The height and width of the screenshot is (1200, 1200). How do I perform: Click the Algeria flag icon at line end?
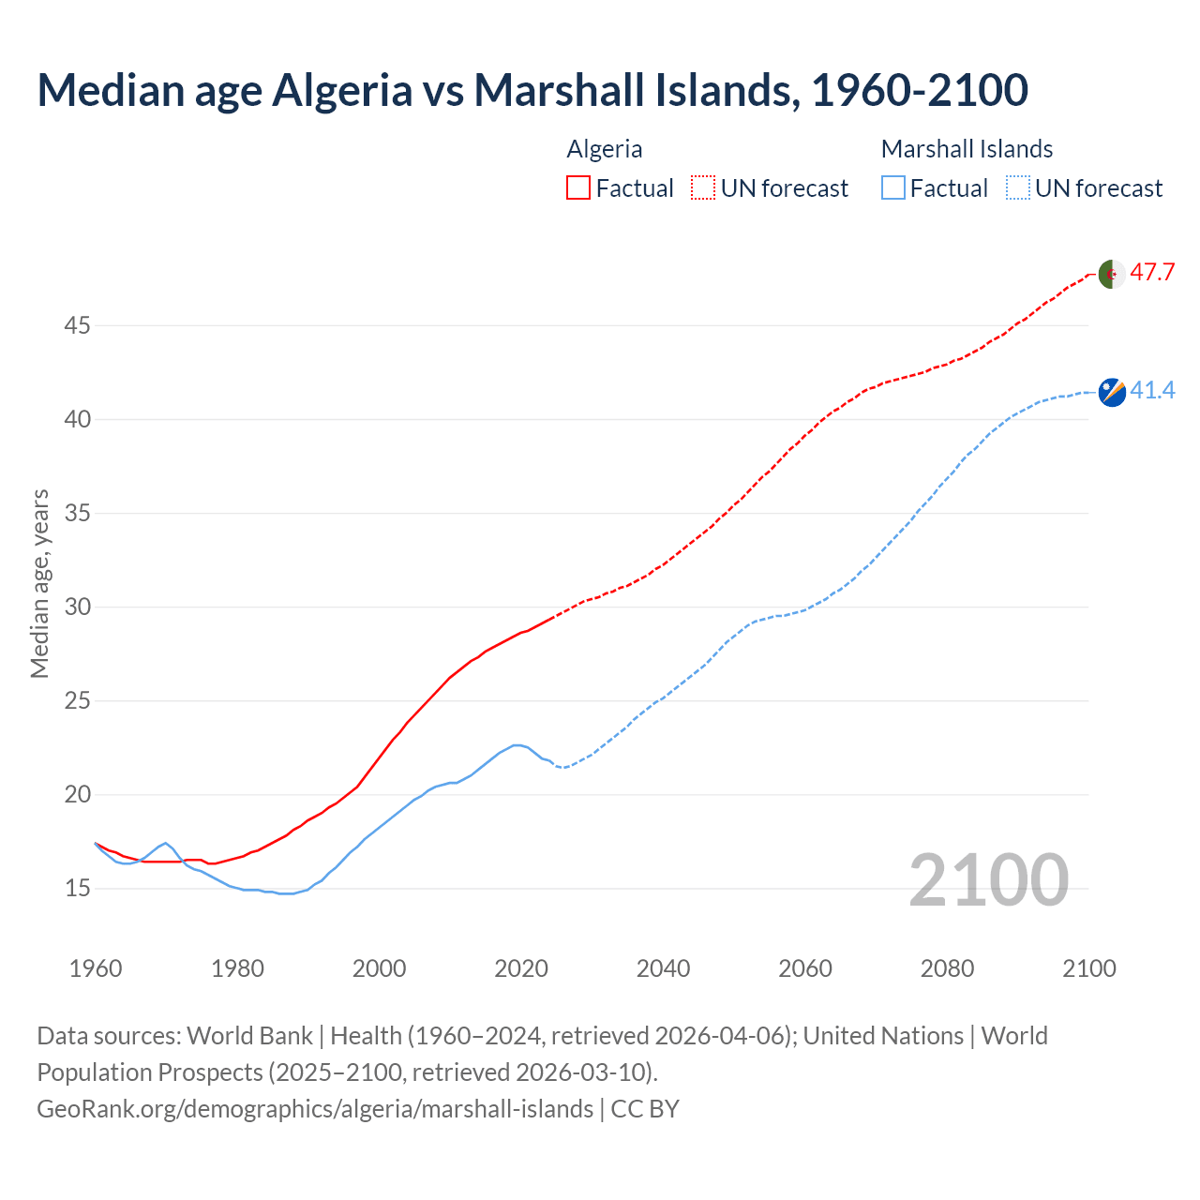pyautogui.click(x=1111, y=274)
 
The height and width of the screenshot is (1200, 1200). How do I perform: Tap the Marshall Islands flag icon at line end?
pyautogui.click(x=1112, y=392)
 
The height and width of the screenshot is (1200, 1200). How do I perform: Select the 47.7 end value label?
pyautogui.click(x=1152, y=273)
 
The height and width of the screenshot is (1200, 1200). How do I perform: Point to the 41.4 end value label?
pyautogui.click(x=1152, y=391)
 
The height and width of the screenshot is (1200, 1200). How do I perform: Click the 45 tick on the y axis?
pyautogui.click(x=77, y=326)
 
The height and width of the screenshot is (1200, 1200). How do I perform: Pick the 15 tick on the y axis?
pyautogui.click(x=77, y=888)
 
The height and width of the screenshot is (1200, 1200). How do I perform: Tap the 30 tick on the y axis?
pyautogui.click(x=77, y=607)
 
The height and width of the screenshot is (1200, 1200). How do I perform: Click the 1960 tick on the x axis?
pyautogui.click(x=96, y=968)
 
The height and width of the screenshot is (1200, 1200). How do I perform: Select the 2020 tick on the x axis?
pyautogui.click(x=521, y=968)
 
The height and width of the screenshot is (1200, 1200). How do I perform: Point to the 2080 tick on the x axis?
pyautogui.click(x=947, y=968)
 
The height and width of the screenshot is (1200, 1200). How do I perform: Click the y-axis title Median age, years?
pyautogui.click(x=39, y=583)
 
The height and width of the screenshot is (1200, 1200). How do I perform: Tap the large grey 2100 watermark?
pyautogui.click(x=988, y=880)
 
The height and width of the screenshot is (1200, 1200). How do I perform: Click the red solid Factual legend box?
pyautogui.click(x=578, y=188)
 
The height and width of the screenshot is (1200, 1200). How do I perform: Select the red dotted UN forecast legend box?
pyautogui.click(x=703, y=188)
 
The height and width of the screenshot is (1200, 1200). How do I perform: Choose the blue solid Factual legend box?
pyautogui.click(x=893, y=188)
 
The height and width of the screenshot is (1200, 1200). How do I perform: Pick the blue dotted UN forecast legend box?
pyautogui.click(x=1018, y=188)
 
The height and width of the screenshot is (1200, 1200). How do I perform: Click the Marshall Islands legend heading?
pyautogui.click(x=967, y=149)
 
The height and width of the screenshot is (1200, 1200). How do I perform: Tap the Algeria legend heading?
pyautogui.click(x=605, y=149)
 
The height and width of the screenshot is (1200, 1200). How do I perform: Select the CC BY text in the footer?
pyautogui.click(x=645, y=1109)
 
